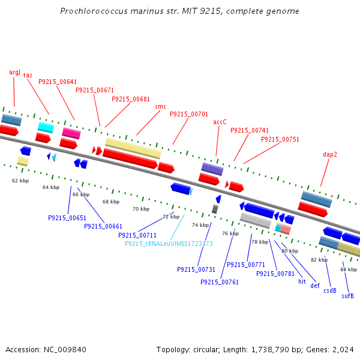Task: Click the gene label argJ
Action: (x=15, y=72)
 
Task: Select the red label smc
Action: (x=160, y=107)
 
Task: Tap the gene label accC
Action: (x=220, y=122)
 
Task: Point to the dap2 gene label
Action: (x=330, y=154)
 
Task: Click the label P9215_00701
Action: (x=189, y=114)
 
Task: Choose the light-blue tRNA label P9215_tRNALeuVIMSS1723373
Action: (x=169, y=244)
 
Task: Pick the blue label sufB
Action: (x=348, y=296)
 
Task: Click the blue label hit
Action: (x=302, y=281)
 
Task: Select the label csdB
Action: (x=330, y=290)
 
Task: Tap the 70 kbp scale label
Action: (x=141, y=209)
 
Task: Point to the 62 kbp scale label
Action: (x=20, y=180)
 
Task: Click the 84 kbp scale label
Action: (x=349, y=269)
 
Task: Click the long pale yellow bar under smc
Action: (x=133, y=148)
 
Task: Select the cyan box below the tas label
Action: (x=46, y=127)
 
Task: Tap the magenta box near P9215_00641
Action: (x=71, y=133)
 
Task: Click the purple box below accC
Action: (x=212, y=169)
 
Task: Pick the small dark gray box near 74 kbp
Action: (x=215, y=209)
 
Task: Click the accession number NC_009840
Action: (x=64, y=349)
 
